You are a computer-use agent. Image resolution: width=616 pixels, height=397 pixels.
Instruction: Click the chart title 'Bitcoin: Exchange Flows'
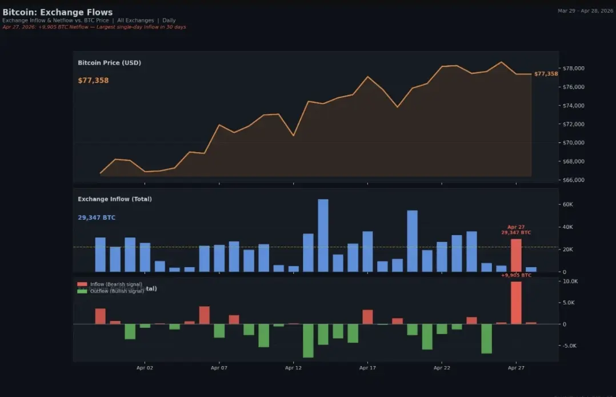[x=58, y=12]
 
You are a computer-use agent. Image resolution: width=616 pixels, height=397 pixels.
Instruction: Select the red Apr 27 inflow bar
[x=516, y=255]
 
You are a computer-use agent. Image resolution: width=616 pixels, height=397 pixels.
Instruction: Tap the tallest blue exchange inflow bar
[x=323, y=235]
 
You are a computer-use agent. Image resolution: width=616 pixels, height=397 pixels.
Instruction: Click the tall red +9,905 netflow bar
[x=516, y=303]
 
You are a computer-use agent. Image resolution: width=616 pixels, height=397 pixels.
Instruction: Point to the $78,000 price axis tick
[x=573, y=68]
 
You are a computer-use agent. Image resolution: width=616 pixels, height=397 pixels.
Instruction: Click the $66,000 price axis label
[x=573, y=180]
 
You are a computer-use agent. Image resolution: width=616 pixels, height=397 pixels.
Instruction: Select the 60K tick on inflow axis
[x=568, y=204]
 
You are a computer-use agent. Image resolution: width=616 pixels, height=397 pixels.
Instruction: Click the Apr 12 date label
[x=293, y=368]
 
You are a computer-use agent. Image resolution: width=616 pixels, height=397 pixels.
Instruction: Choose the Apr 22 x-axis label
[x=442, y=368]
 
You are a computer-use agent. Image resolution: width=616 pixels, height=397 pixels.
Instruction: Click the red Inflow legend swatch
[x=82, y=284]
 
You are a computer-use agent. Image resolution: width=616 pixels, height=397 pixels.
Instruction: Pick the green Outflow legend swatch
[x=82, y=291]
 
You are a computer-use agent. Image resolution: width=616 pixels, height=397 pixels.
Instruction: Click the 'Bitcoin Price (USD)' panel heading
[x=109, y=62]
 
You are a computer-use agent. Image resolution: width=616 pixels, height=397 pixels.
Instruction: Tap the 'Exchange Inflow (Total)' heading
[x=115, y=199]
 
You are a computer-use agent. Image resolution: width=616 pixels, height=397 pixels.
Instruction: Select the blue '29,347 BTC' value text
[x=97, y=217]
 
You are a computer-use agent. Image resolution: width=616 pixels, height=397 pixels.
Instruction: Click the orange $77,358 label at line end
[x=546, y=74]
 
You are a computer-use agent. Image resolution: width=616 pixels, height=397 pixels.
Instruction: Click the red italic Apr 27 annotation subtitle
[x=94, y=27]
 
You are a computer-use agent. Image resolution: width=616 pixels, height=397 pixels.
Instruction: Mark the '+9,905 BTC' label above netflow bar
[x=515, y=275]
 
